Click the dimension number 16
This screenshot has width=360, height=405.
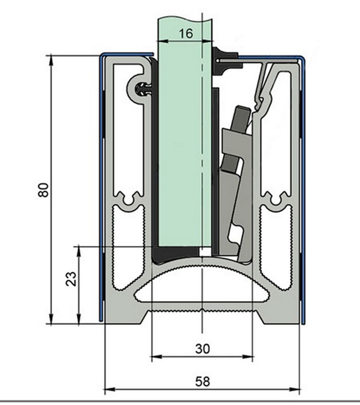[x=186, y=34]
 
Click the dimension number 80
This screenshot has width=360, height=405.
[x=43, y=190]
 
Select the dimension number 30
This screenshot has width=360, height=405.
[x=203, y=349]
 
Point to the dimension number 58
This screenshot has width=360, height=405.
[x=203, y=382]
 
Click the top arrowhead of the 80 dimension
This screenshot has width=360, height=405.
[x=51, y=60]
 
